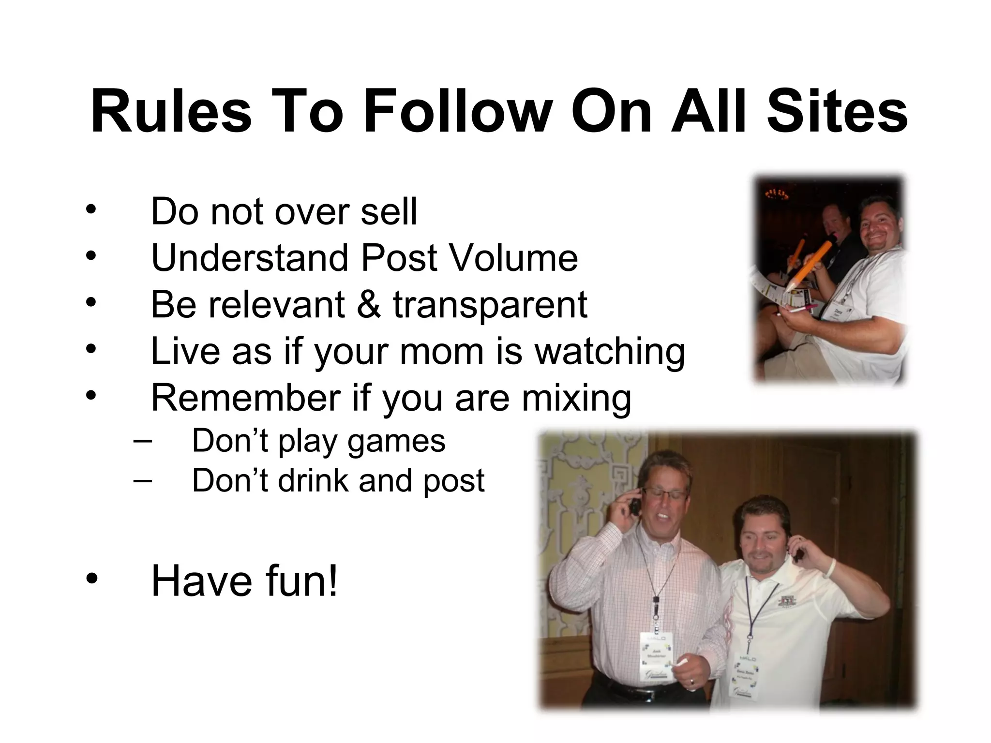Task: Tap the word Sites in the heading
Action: coord(837,111)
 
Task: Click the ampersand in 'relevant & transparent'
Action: coord(369,304)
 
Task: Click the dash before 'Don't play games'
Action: coord(141,441)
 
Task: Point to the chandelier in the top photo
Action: coord(778,194)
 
